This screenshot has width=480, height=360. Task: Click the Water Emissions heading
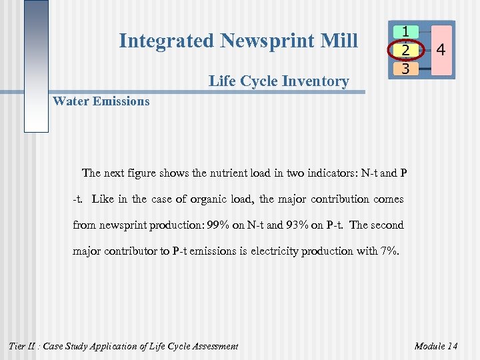[101, 101]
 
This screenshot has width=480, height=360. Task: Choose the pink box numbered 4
[441, 50]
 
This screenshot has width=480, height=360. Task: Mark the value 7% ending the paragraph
[388, 251]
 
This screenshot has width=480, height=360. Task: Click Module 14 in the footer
[435, 346]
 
